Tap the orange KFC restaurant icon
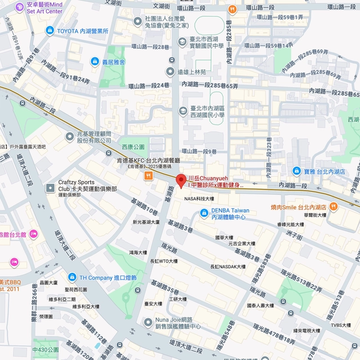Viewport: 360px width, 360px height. point(148,175)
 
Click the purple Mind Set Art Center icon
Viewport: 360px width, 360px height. point(20,7)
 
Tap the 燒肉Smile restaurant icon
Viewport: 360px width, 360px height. point(333,207)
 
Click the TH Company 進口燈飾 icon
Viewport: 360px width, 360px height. point(71,277)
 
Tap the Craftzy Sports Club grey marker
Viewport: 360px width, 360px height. point(48,186)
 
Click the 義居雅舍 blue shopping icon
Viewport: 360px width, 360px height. point(95,61)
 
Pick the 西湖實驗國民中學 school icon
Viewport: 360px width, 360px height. point(182,42)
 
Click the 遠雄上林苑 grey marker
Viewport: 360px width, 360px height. point(170,71)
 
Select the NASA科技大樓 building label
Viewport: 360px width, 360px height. point(199,199)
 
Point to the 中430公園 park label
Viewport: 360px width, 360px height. point(45,349)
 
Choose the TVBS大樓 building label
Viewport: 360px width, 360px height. point(341,325)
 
